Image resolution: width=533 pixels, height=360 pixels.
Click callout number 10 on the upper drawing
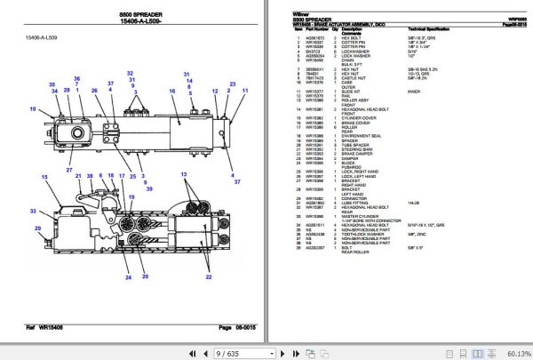tap(32, 109)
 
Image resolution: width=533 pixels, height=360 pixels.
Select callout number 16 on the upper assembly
tap(163, 91)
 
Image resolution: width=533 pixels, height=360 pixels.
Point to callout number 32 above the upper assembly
tap(130, 73)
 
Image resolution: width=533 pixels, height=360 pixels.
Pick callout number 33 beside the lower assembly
tap(34, 211)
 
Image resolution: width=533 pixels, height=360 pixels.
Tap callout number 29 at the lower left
tap(38, 229)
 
